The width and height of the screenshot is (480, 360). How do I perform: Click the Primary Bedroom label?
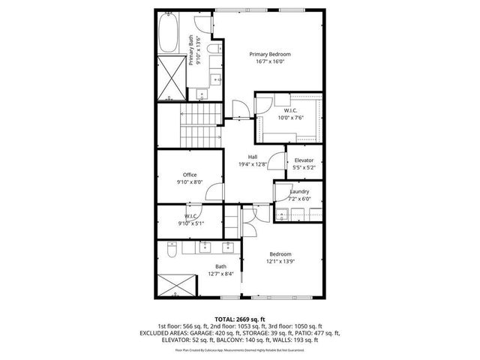click(x=270, y=54)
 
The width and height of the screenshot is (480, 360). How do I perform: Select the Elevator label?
click(x=304, y=160)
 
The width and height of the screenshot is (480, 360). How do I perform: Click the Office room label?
click(x=190, y=175)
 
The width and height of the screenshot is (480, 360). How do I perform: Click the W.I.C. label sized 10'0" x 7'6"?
click(x=292, y=110)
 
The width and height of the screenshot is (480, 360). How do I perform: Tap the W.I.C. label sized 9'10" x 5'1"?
click(x=190, y=216)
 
